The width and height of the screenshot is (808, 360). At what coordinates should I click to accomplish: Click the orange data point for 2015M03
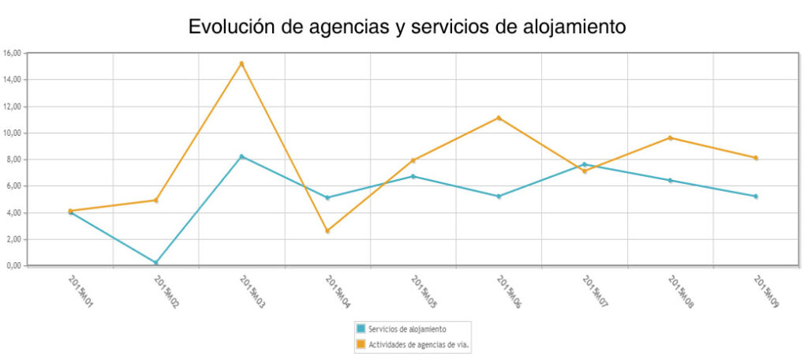pos(241,63)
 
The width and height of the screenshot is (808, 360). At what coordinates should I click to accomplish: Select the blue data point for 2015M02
pos(156,262)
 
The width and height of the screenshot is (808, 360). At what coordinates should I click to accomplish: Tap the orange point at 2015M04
pos(327,231)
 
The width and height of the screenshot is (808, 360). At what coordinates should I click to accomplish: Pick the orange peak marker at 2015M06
pos(499,118)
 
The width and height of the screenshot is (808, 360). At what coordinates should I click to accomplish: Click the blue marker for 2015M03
pos(241,156)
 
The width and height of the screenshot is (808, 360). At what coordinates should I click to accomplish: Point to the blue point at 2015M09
pos(755,196)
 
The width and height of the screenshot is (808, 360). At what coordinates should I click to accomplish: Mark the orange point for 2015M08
pos(670,137)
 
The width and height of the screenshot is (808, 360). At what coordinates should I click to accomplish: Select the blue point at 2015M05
pos(413,176)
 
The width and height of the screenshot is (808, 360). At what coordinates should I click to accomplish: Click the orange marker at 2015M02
pos(156,200)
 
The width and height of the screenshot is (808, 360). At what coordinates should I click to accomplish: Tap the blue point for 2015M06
pos(499,196)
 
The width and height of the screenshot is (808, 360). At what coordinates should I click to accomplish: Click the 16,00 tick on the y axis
pos(13,53)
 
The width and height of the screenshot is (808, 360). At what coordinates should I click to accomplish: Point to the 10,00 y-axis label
pos(13,133)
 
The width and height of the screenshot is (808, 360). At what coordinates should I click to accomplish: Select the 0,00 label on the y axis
pos(15,265)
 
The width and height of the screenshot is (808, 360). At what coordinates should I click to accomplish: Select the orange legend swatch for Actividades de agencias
pos(361,343)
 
